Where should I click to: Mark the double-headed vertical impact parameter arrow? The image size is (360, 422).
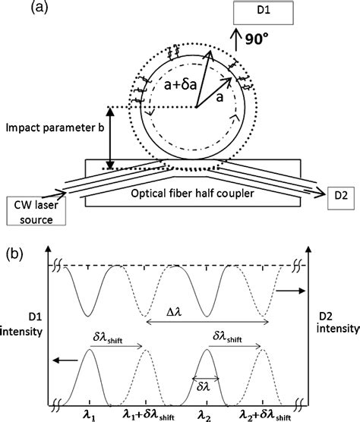point(111,138)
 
